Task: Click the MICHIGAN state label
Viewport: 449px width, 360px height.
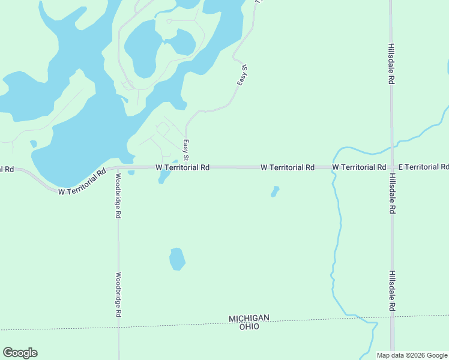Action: pyautogui.click(x=249, y=318)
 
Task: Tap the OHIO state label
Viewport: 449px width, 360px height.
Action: pyautogui.click(x=249, y=326)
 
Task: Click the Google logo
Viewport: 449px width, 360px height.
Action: pyautogui.click(x=20, y=353)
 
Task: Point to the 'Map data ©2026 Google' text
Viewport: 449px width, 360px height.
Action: pyautogui.click(x=412, y=355)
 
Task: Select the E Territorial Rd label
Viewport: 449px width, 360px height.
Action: pyautogui.click(x=423, y=167)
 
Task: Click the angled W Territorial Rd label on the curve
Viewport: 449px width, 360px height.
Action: pyautogui.click(x=82, y=181)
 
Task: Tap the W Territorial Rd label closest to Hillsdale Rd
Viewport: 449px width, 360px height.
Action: pyautogui.click(x=358, y=167)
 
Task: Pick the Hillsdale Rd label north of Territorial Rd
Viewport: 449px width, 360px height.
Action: pyautogui.click(x=391, y=64)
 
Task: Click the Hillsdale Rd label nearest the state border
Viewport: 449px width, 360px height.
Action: pyautogui.click(x=391, y=290)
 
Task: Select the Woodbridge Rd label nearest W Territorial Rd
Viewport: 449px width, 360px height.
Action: pyautogui.click(x=118, y=196)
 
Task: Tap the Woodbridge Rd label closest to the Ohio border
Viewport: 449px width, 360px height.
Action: pyautogui.click(x=118, y=295)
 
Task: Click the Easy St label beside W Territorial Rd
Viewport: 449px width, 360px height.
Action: pyautogui.click(x=186, y=150)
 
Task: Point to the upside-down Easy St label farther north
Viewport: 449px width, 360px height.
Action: pyautogui.click(x=241, y=73)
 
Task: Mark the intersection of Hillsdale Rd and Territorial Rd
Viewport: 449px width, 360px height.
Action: pyautogui.click(x=391, y=167)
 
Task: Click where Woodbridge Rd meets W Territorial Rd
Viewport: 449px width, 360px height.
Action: pyautogui.click(x=118, y=169)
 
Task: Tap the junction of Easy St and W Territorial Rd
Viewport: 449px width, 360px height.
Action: pyautogui.click(x=187, y=167)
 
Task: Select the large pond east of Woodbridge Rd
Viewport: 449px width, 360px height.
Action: pyautogui.click(x=176, y=259)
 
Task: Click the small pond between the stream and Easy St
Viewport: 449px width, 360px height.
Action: pyautogui.click(x=275, y=191)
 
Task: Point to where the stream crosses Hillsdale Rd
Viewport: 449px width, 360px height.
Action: pyautogui.click(x=391, y=145)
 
